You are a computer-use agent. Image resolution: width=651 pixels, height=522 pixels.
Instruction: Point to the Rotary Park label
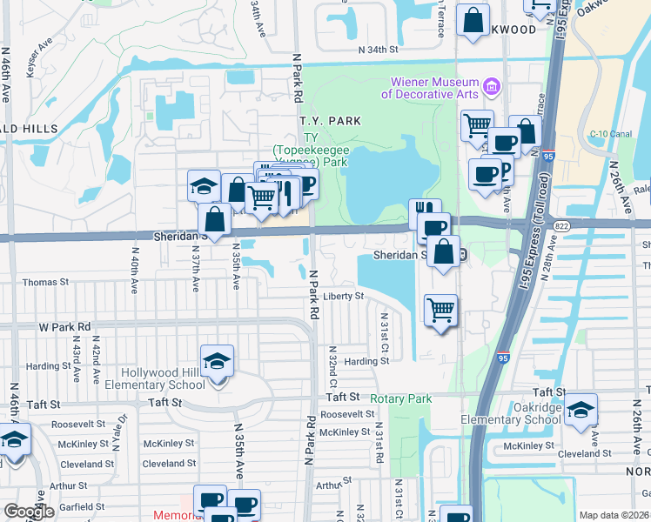[400, 399]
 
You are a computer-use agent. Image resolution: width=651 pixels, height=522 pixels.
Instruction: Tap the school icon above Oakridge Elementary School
[581, 410]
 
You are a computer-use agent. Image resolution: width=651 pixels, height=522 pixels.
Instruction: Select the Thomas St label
[45, 282]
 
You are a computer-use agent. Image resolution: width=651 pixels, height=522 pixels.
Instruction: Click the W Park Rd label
[64, 327]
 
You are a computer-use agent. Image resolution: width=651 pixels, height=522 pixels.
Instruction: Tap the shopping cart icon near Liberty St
[441, 310]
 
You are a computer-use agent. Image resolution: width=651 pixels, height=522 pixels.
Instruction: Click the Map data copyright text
[614, 515]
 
